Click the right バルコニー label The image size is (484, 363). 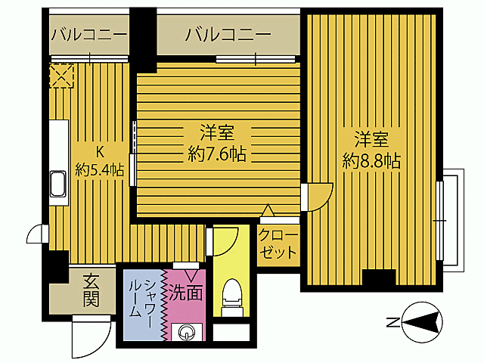click(228, 34)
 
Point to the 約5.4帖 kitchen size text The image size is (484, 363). click(99, 169)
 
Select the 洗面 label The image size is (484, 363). click(185, 290)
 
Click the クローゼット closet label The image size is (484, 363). click(278, 244)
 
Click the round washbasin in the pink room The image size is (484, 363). click(186, 331)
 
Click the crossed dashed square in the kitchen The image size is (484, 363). click(60, 76)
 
